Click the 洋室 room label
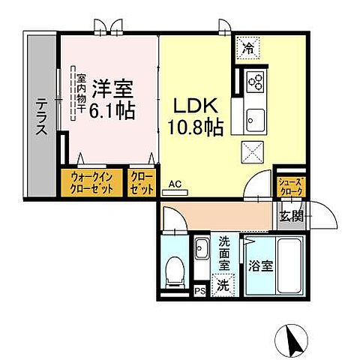(112, 90)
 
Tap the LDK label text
(193, 106)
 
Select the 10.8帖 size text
(194, 127)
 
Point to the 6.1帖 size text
(112, 112)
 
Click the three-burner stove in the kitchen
(254, 79)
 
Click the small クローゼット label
(142, 183)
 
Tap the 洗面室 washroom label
(226, 252)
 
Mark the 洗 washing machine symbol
(223, 284)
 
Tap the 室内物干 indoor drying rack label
(76, 94)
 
